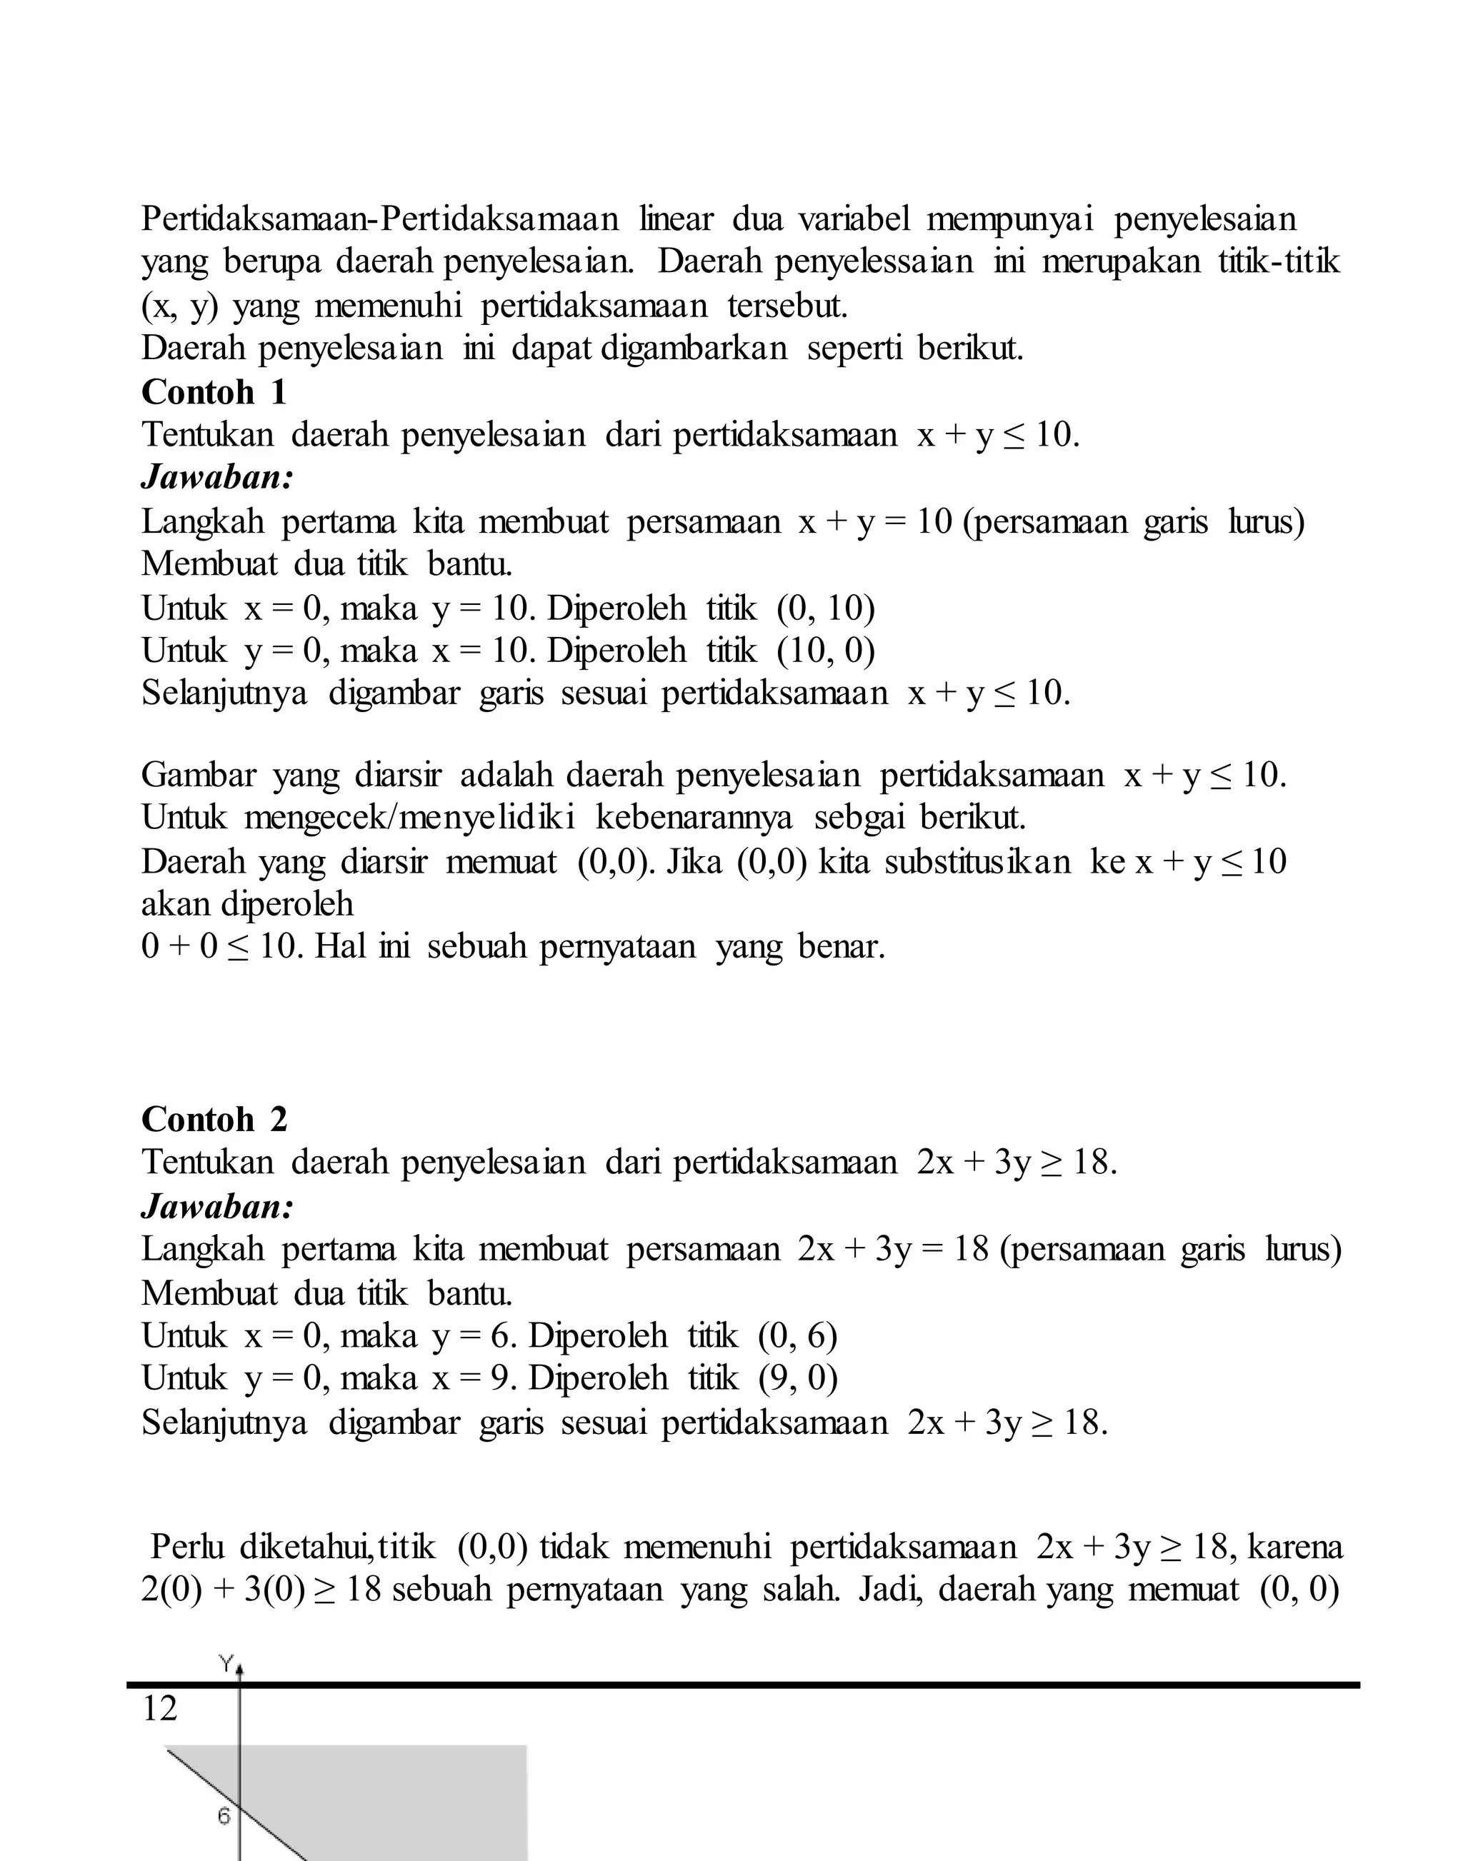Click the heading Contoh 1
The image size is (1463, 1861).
click(214, 392)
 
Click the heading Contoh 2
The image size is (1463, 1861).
click(214, 1119)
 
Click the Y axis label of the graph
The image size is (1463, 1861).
click(226, 1663)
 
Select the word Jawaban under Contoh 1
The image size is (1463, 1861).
click(216, 477)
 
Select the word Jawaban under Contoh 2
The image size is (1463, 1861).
click(216, 1206)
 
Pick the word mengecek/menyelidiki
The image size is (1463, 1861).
click(409, 818)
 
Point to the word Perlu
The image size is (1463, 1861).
click(186, 1547)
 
